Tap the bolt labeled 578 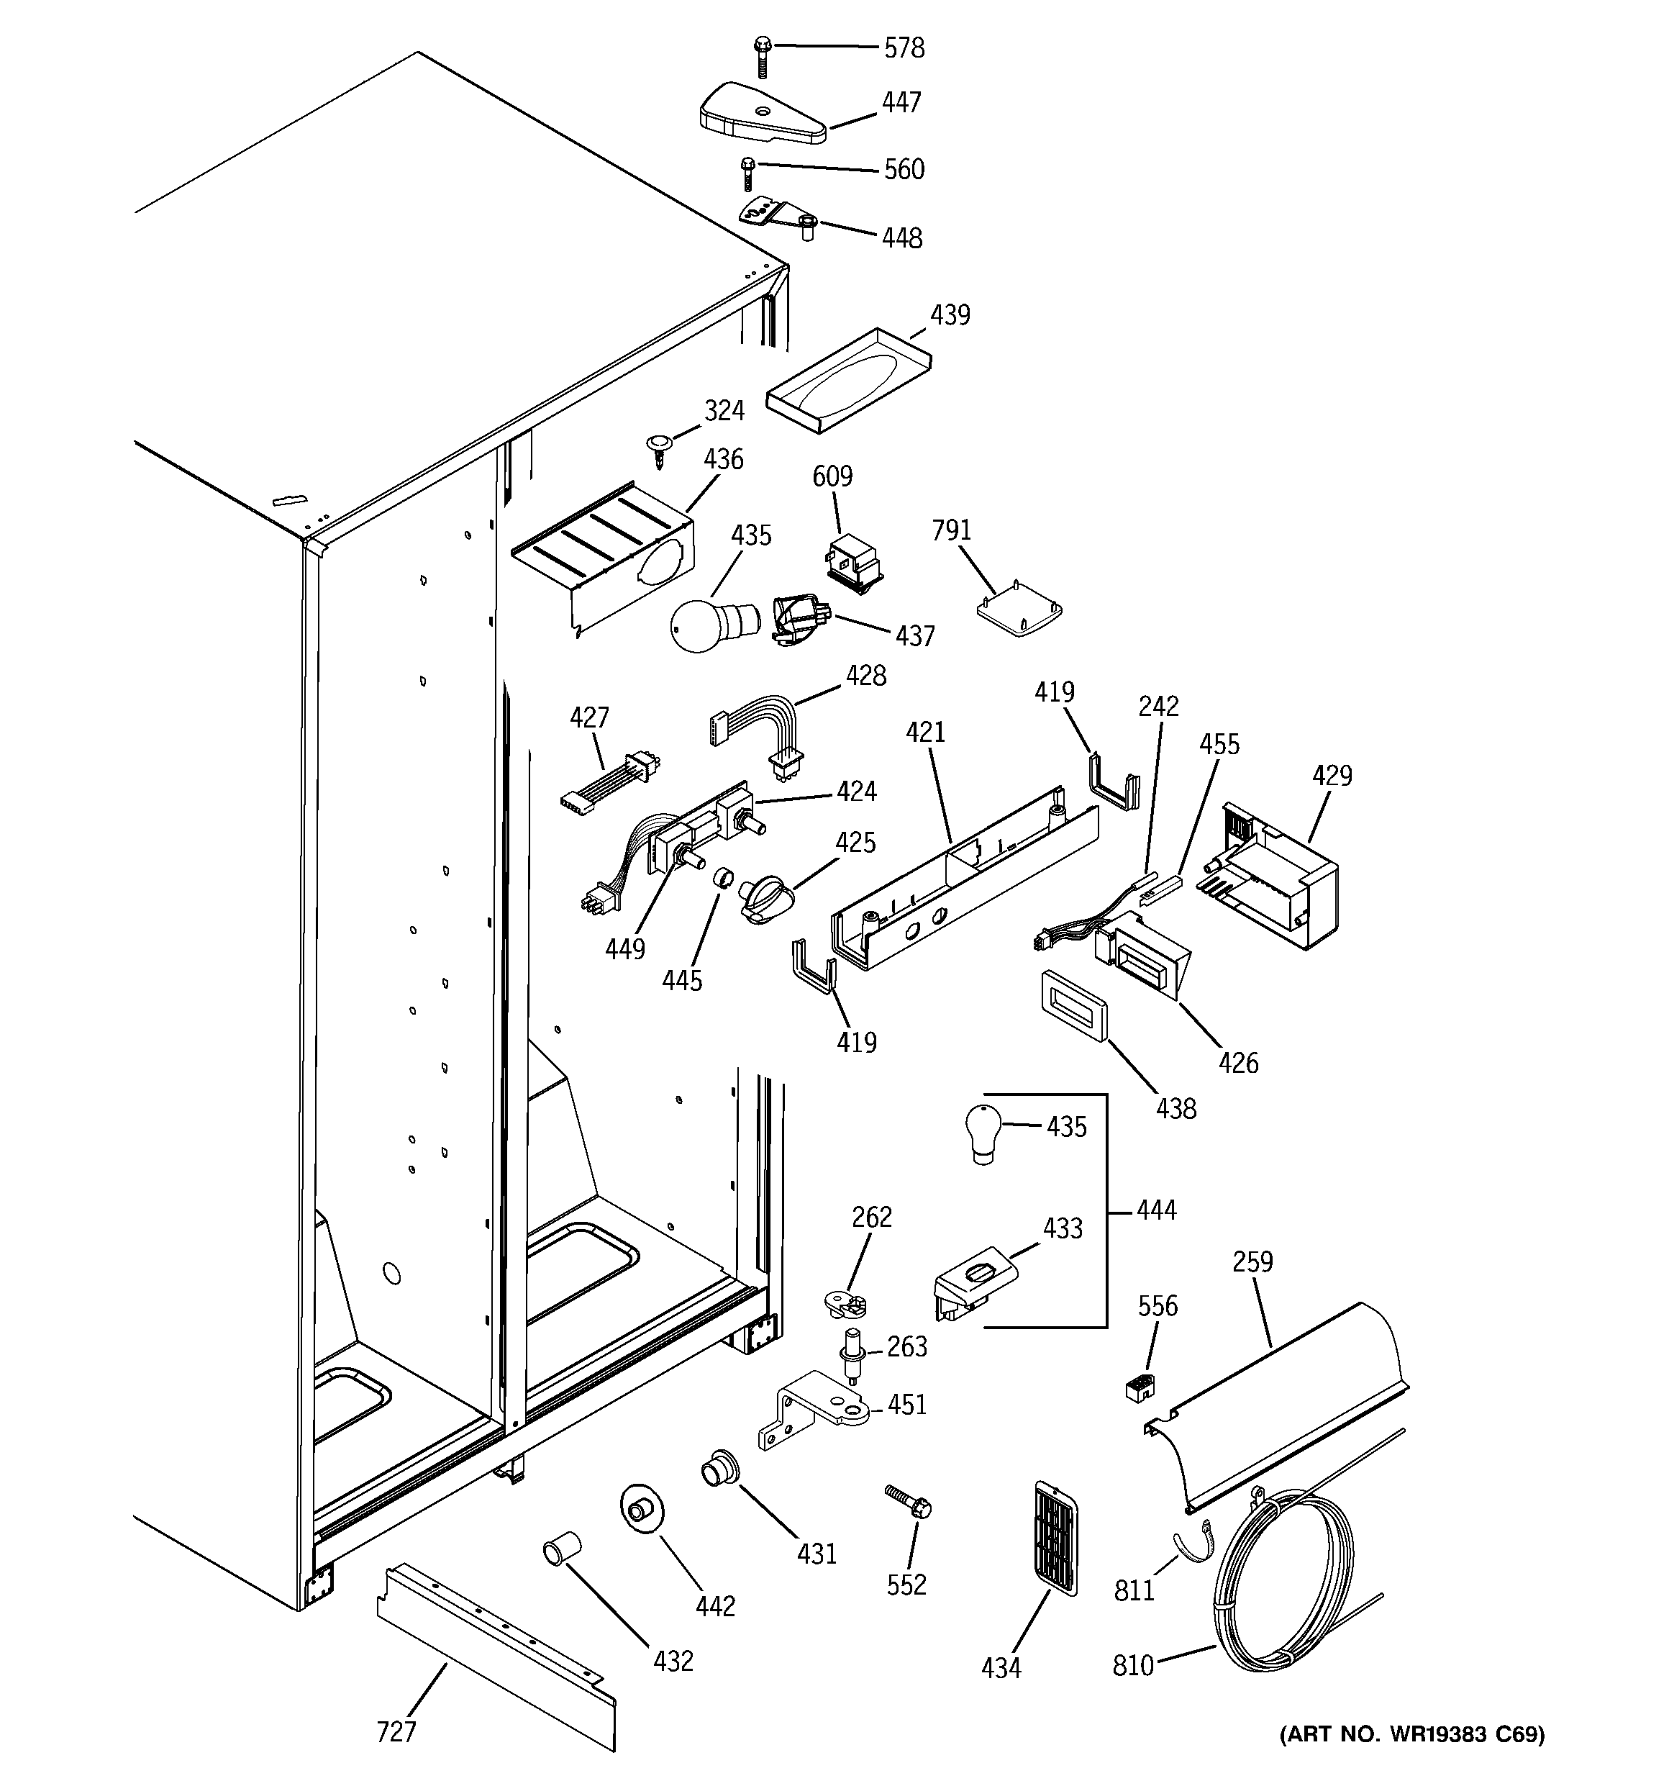763,55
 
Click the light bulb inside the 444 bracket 982,1133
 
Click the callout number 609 832,476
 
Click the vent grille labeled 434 1055,1536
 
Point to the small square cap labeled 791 1019,614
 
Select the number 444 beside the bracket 1155,1210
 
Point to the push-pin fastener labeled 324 660,448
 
